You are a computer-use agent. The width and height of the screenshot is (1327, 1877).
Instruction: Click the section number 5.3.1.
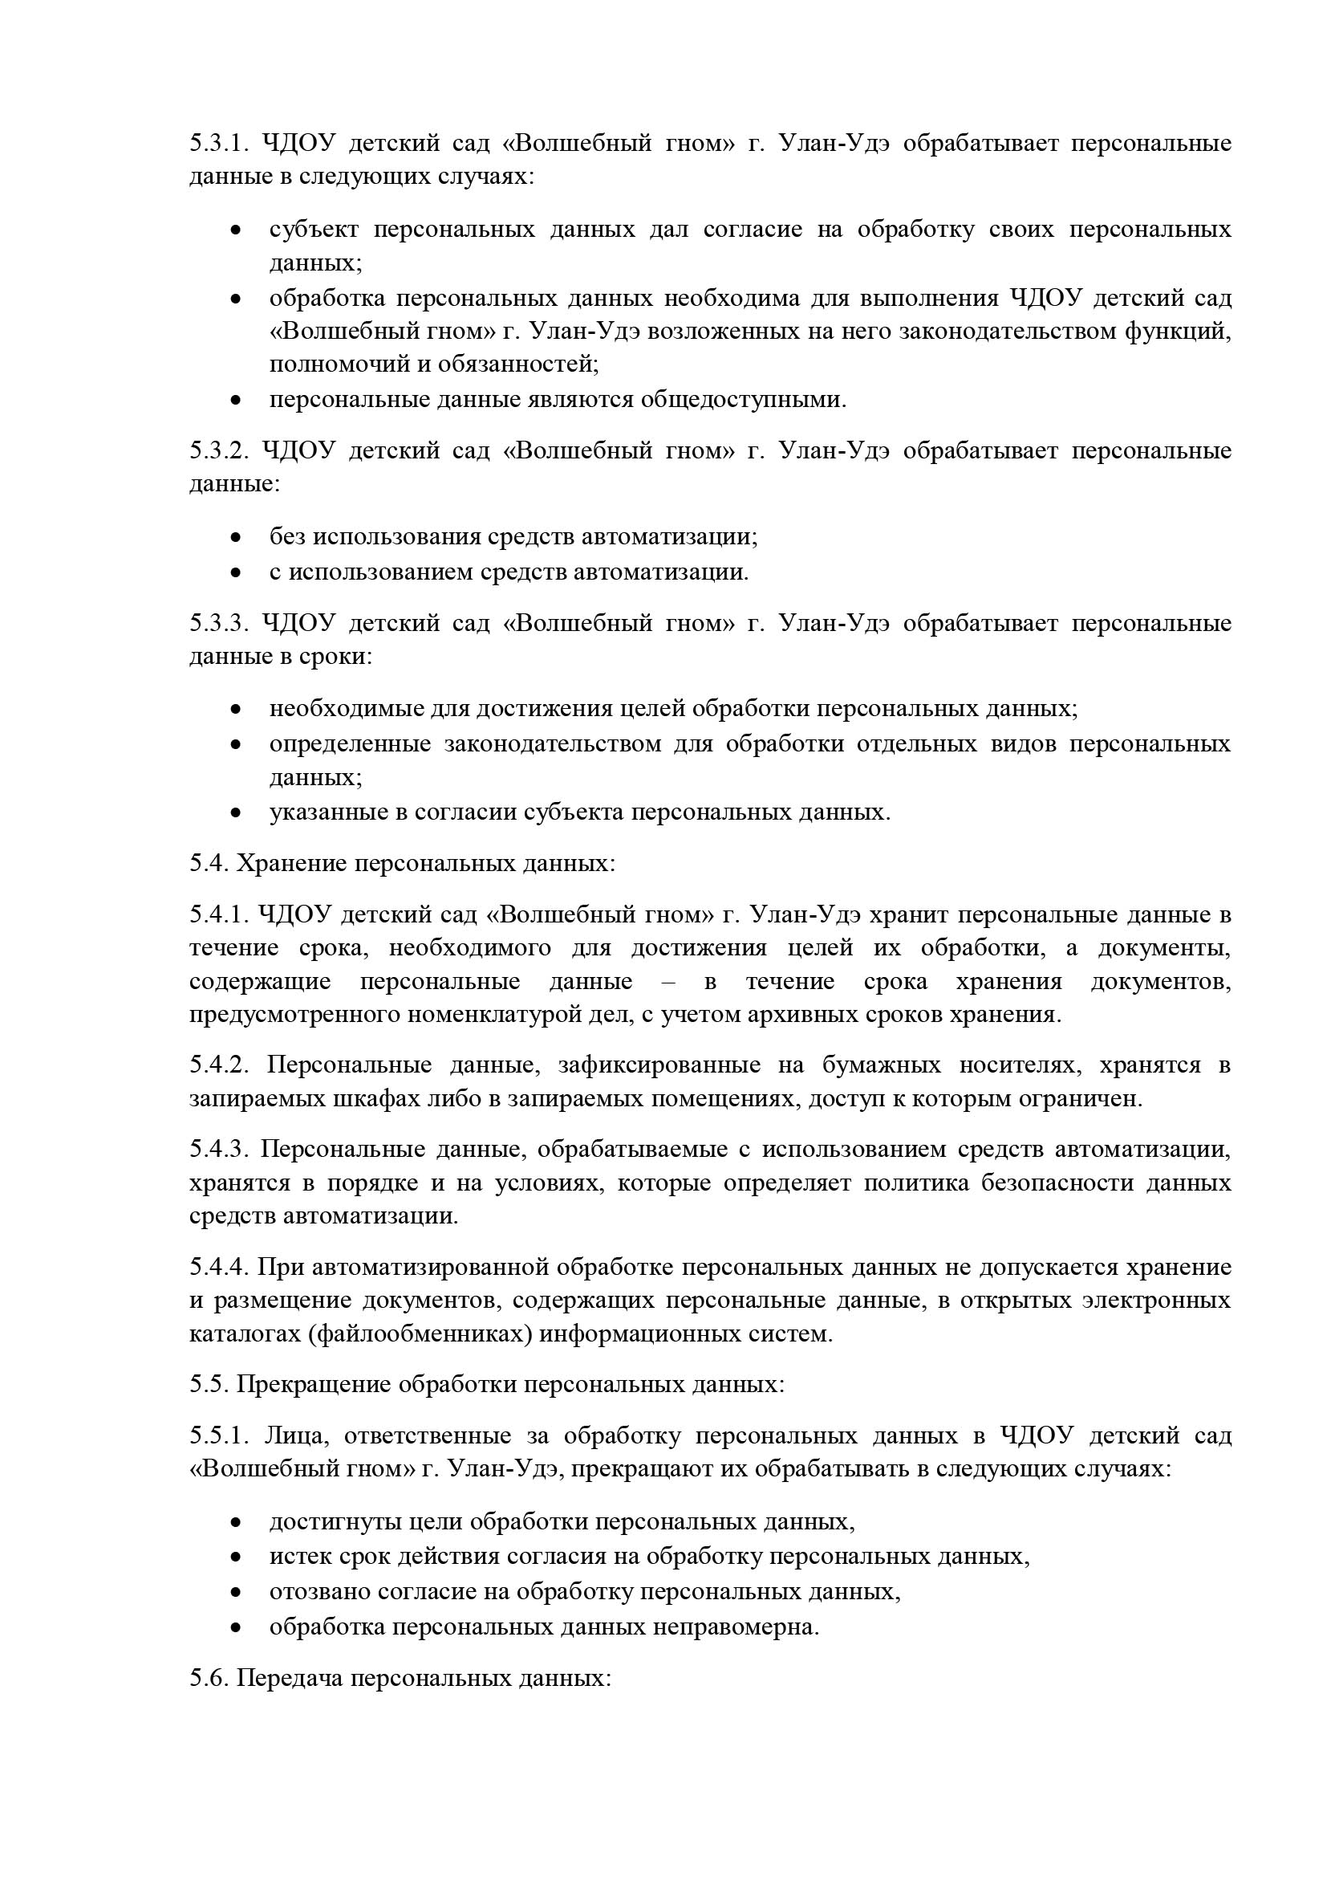[218, 143]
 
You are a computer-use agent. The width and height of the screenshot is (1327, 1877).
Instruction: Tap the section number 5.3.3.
[218, 623]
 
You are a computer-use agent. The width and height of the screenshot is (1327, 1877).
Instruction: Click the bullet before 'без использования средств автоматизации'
[235, 538]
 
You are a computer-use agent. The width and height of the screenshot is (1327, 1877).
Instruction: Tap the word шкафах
[385, 1099]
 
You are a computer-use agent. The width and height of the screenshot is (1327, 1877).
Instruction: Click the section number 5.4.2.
[218, 1065]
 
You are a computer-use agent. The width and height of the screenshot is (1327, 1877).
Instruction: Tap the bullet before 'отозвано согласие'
[235, 1594]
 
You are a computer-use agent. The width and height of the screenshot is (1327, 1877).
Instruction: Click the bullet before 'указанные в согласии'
[235, 813]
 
